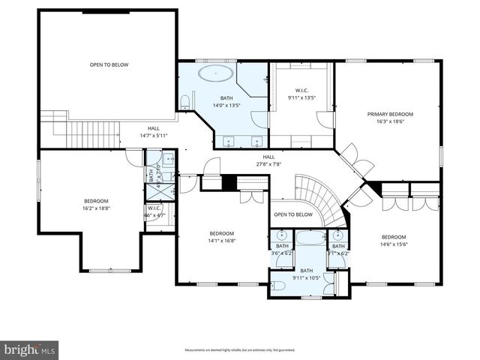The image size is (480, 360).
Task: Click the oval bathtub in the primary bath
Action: (216, 73)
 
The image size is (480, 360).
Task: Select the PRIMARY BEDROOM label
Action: (390, 114)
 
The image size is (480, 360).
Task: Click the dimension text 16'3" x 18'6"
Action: (390, 121)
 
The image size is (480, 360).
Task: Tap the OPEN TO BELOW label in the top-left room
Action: (109, 64)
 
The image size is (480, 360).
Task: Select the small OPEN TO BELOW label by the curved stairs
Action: (292, 214)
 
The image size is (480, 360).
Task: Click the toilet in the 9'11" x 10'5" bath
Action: (278, 283)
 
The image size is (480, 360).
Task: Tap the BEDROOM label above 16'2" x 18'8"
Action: (96, 201)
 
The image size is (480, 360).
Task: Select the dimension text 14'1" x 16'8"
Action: (222, 241)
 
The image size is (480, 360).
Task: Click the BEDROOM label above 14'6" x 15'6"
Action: (394, 237)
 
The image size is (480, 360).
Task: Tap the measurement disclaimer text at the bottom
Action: (240, 349)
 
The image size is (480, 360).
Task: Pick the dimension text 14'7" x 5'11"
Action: (154, 136)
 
